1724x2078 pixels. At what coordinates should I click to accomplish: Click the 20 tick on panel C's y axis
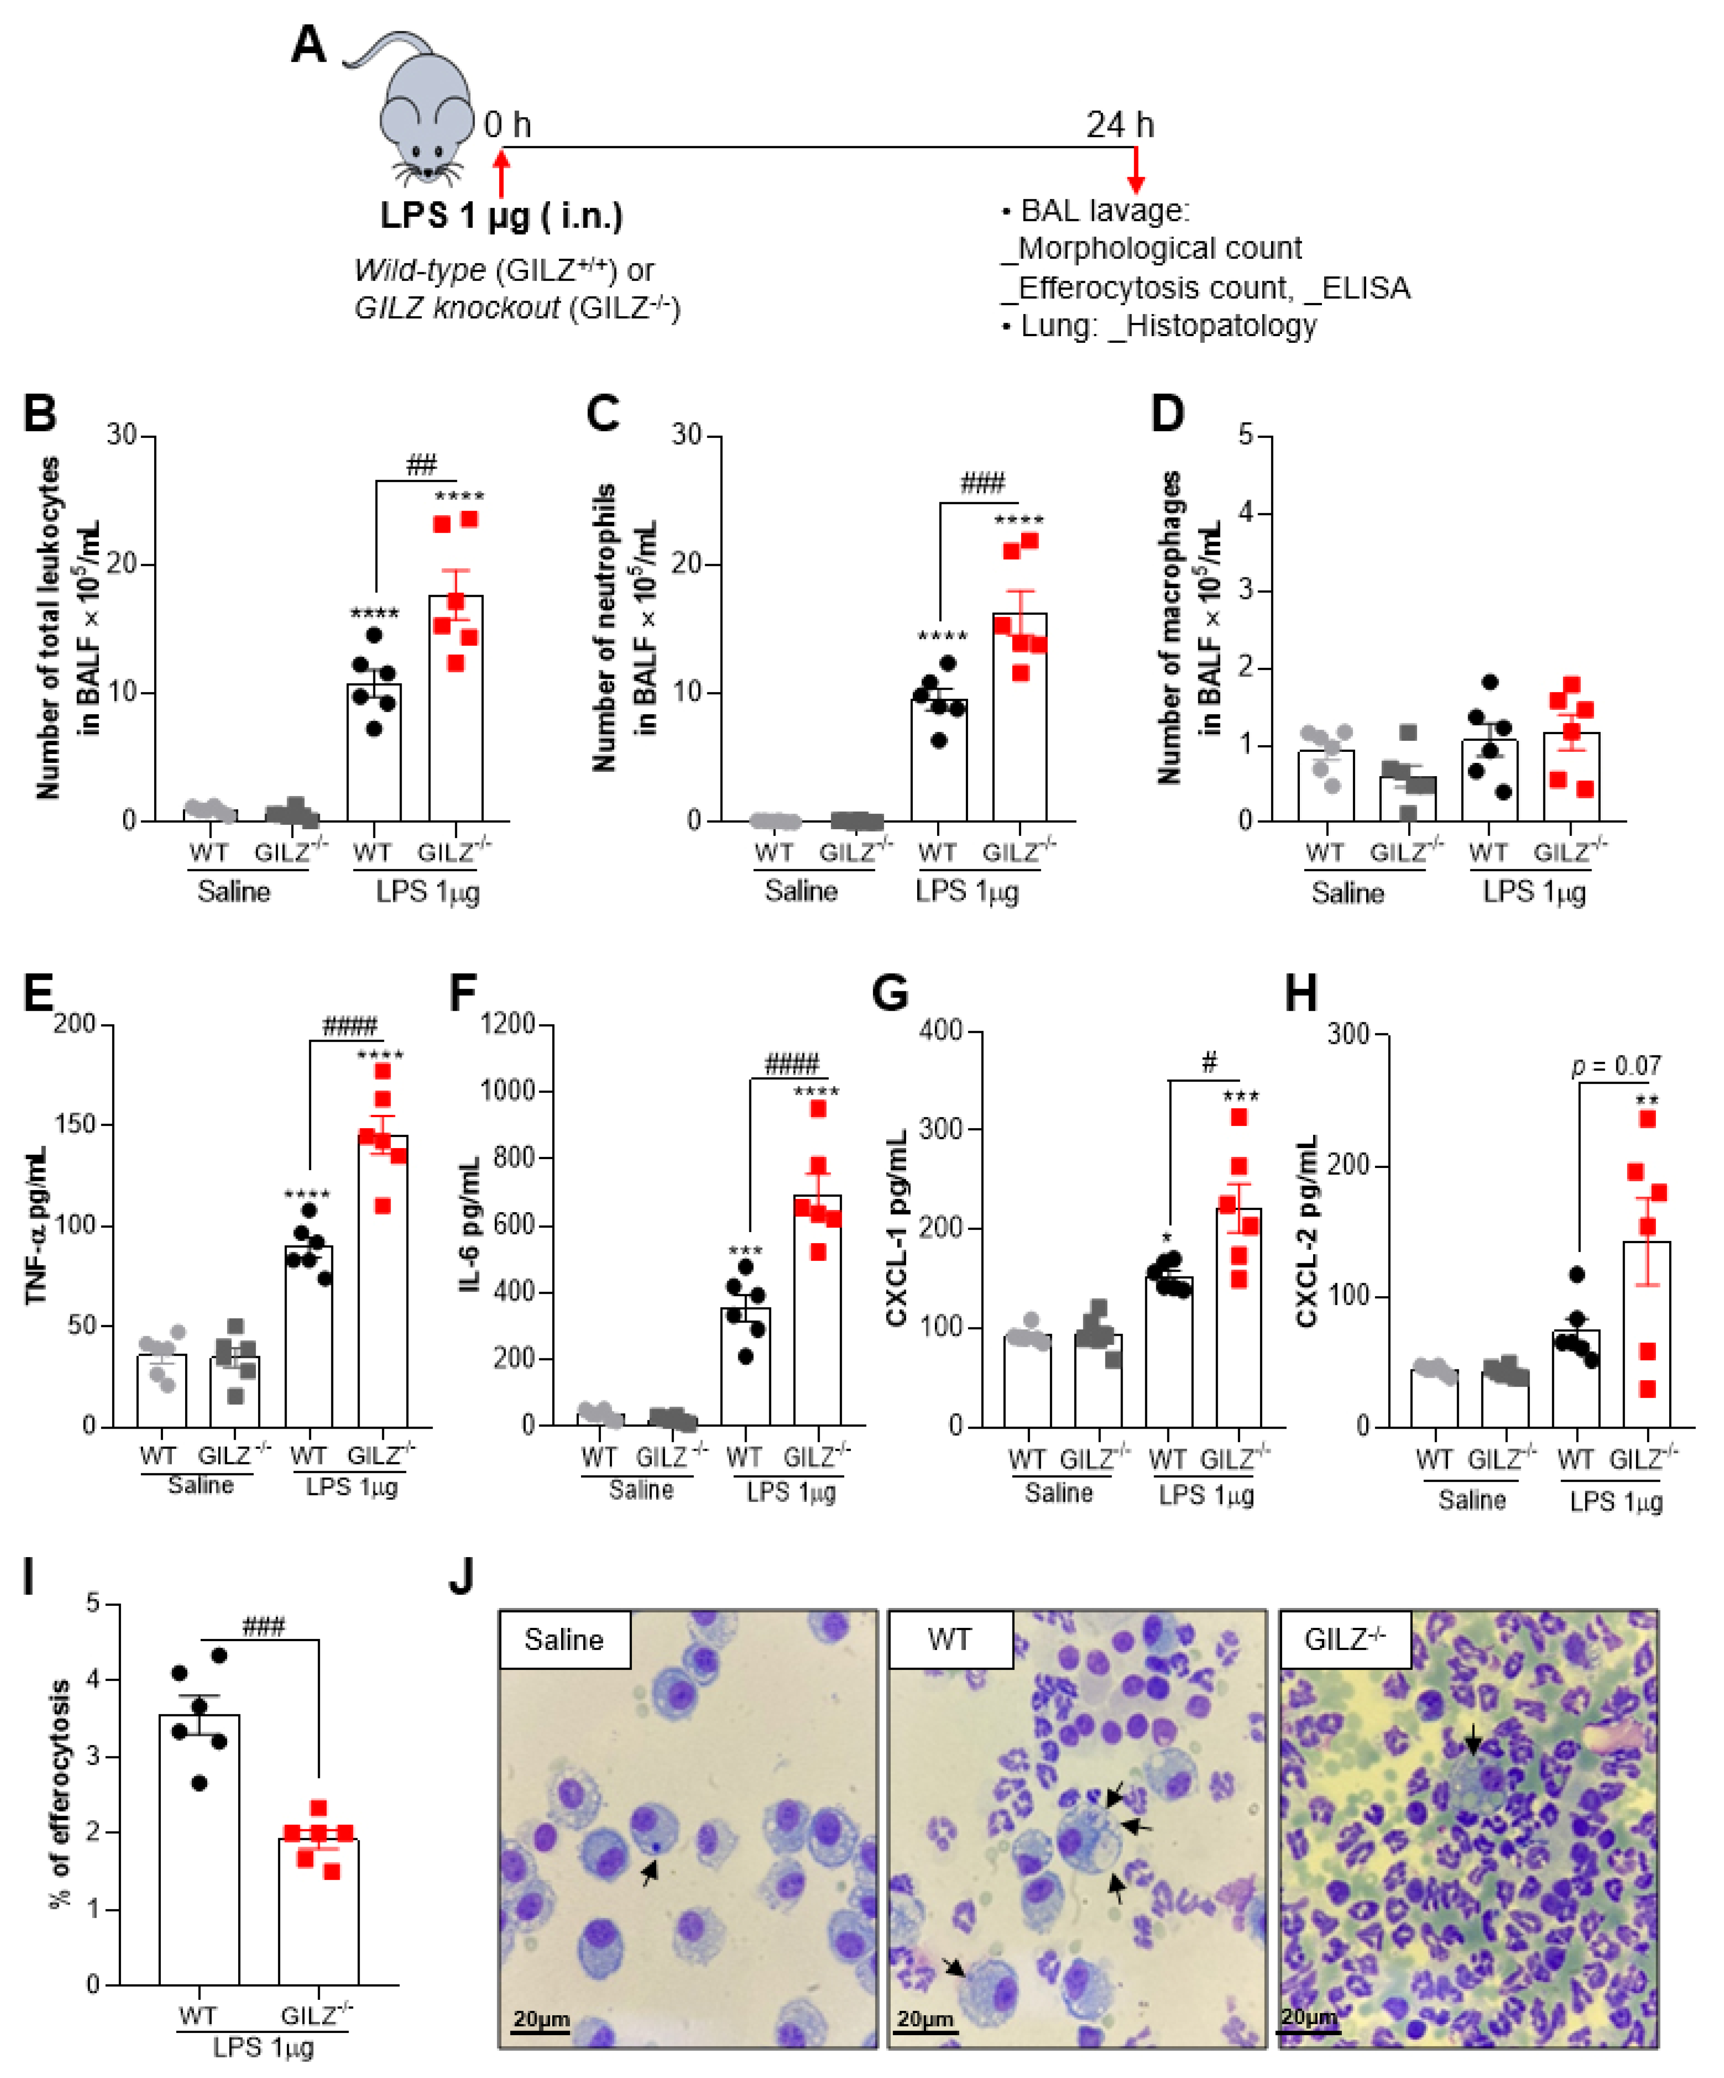pos(688,564)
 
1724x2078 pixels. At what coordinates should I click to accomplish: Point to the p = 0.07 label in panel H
pos(1616,1066)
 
